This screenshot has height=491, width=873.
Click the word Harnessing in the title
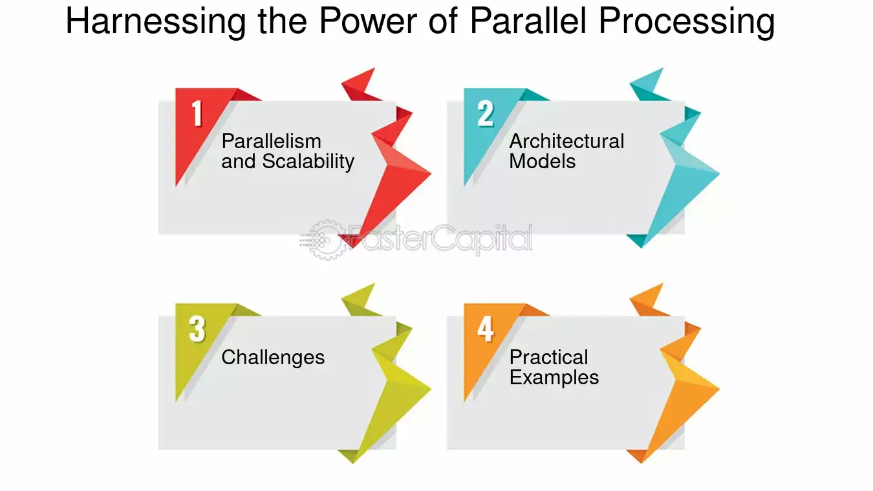(156, 21)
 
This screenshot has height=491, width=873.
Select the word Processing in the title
(687, 22)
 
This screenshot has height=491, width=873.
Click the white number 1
(197, 113)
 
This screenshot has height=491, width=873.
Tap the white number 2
(486, 113)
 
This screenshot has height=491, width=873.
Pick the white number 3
(197, 329)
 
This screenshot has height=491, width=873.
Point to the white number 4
(486, 329)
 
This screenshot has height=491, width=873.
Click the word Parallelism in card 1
(271, 141)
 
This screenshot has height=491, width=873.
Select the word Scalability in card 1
(308, 162)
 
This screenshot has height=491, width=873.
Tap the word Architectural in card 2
(566, 141)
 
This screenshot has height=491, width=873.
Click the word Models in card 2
(542, 162)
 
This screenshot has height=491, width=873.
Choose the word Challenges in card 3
(273, 358)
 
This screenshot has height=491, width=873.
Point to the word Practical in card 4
(549, 357)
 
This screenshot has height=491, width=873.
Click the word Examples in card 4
(554, 378)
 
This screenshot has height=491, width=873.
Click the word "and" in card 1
(238, 162)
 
